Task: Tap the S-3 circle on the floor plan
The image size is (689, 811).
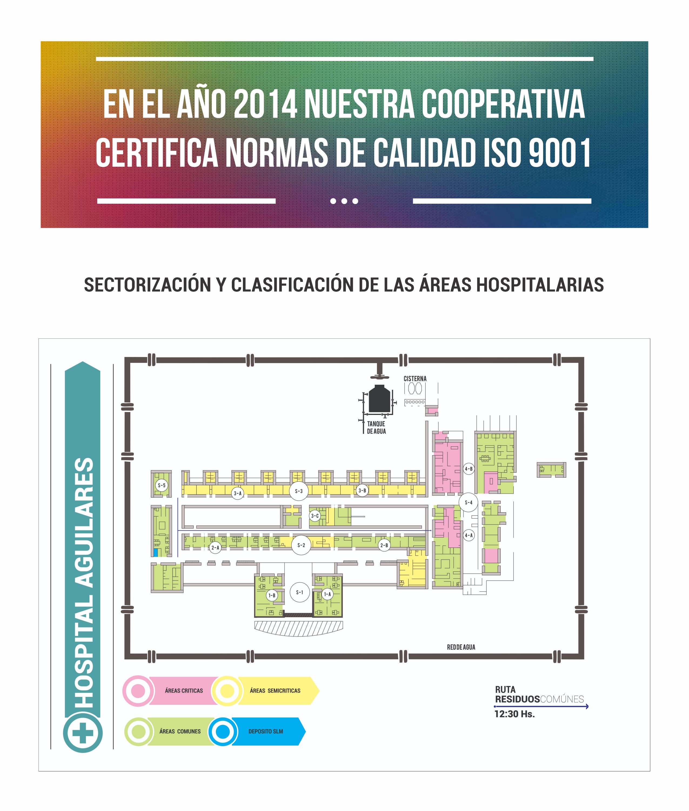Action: point(299,491)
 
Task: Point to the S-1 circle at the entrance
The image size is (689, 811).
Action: point(300,592)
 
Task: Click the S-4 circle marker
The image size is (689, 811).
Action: point(468,502)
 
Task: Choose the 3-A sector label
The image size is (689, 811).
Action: point(238,493)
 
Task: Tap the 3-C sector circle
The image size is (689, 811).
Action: point(315,516)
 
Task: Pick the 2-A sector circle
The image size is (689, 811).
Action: point(215,548)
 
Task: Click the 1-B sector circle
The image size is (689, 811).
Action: point(272,595)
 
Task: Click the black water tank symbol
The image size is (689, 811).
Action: point(379,398)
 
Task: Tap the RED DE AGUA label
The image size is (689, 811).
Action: point(461,647)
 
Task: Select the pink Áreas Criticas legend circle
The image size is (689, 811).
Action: point(138,691)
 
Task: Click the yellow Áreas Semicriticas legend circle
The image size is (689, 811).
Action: point(227,691)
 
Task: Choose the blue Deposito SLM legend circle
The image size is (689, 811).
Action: point(223,731)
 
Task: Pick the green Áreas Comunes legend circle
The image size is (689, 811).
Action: point(138,731)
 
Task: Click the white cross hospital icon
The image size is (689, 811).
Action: point(83,732)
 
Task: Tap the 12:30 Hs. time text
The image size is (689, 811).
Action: point(514,714)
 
